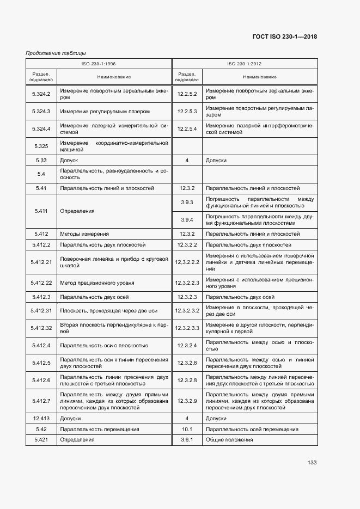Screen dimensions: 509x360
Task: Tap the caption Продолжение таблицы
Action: [x=56, y=53]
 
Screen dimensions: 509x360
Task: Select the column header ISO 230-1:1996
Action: [x=98, y=64]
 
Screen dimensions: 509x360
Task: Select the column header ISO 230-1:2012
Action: [x=244, y=64]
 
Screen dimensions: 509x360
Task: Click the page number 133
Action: [x=312, y=463]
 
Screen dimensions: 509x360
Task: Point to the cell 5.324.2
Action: [x=41, y=94]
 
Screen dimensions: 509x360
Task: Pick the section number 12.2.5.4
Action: [x=187, y=128]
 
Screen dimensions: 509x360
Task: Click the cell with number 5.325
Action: [x=41, y=146]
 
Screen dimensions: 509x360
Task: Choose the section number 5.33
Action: [x=41, y=161]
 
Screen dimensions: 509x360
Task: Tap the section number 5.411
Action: [x=41, y=211]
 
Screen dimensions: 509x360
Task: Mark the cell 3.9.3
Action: [x=187, y=203]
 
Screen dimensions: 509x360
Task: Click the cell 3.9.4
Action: [x=187, y=219]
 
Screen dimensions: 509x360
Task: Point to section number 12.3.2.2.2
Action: [x=187, y=262]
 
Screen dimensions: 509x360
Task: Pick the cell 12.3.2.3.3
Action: [x=187, y=328]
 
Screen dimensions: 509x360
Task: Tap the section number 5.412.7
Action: [x=41, y=401]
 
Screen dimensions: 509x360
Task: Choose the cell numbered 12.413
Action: [x=41, y=419]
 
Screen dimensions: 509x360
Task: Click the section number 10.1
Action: [x=187, y=429]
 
